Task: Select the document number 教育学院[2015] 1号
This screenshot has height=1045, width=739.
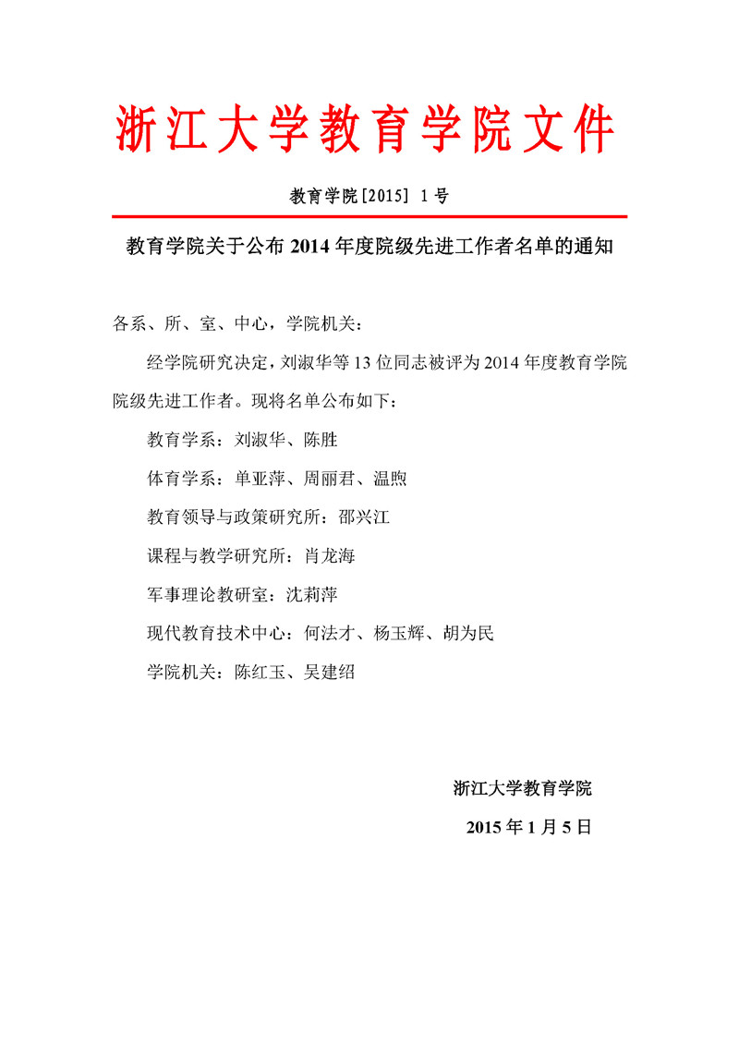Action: (369, 196)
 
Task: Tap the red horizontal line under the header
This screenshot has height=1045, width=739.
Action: (369, 216)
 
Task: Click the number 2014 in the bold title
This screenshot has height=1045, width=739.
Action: (311, 248)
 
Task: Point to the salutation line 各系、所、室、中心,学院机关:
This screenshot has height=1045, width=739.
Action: (238, 323)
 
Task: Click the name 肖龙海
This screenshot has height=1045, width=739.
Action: (330, 556)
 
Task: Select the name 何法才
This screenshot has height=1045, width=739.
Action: (330, 634)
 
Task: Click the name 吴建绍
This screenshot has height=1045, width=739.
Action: (330, 673)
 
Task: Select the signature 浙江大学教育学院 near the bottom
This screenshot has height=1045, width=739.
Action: (522, 788)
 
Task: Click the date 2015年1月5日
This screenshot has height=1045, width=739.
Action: (528, 827)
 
